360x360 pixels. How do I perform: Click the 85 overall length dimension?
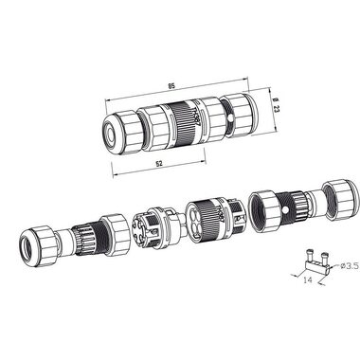(x=171, y=85)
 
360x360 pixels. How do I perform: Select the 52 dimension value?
(x=159, y=164)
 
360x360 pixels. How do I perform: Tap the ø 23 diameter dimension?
(x=276, y=105)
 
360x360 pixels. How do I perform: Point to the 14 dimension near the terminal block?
(x=307, y=279)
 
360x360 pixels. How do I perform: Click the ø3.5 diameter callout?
(x=351, y=266)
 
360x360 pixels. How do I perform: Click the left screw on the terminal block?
(x=310, y=255)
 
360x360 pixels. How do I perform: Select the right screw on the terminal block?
(x=324, y=257)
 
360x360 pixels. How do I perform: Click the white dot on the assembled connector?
(x=231, y=118)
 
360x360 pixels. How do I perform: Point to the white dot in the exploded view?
(x=286, y=209)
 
